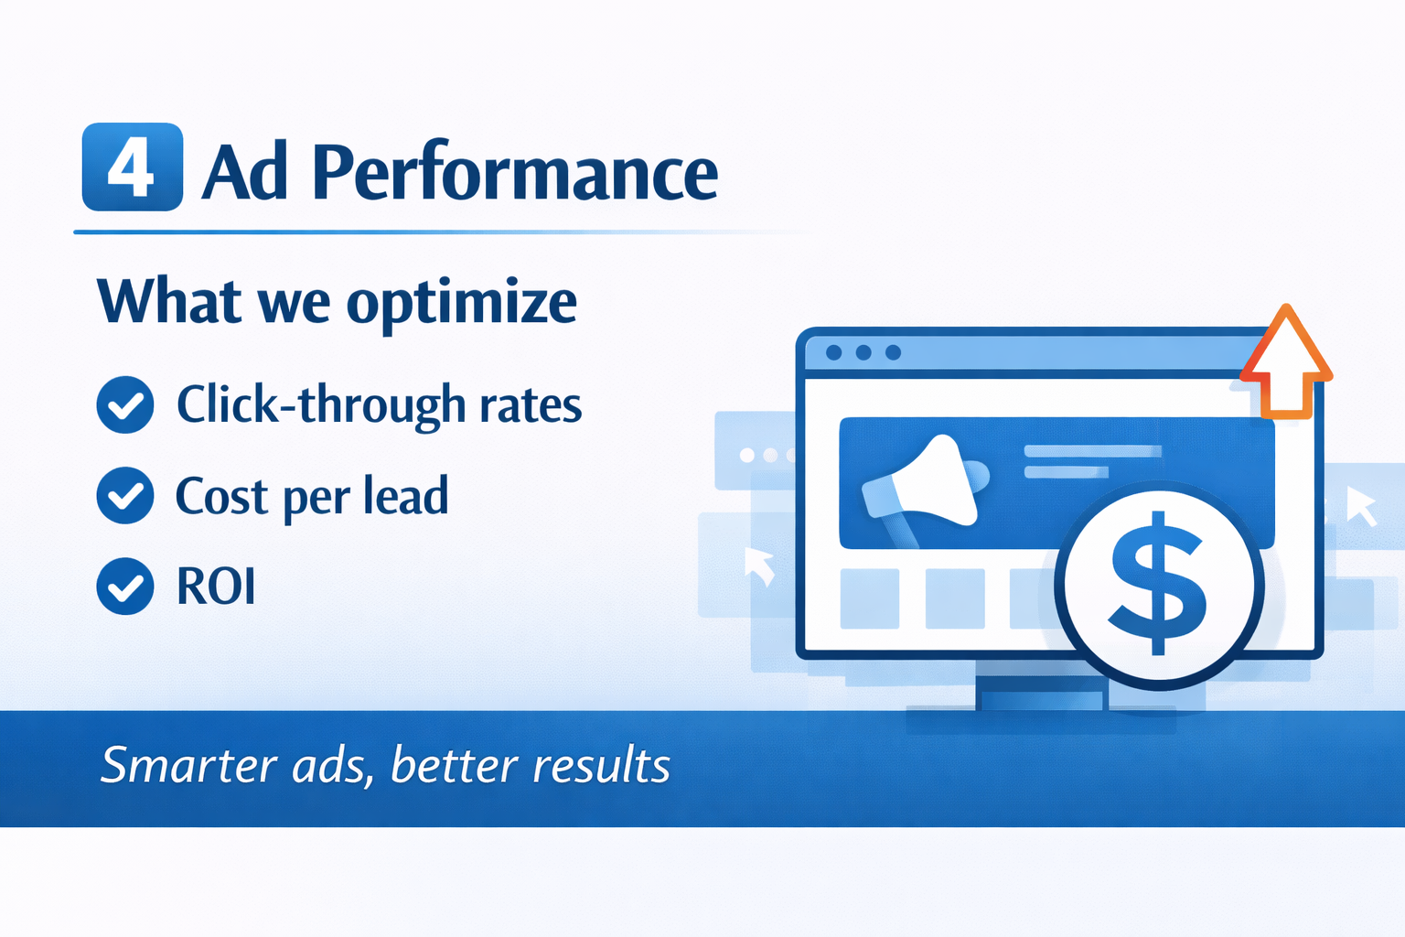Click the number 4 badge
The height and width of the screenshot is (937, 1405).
pos(133,167)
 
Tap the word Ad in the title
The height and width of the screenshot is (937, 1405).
pos(245,171)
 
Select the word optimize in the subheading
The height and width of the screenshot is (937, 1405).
pos(462,303)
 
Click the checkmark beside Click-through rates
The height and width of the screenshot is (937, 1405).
pos(125,404)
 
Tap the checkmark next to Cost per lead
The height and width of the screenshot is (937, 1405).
pos(125,496)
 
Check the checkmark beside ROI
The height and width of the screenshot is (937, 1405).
pos(125,587)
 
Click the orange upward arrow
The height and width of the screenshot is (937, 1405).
pos(1286,361)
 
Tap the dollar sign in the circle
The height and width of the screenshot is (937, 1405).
pos(1158,584)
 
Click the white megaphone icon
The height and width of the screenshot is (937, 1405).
pos(925,484)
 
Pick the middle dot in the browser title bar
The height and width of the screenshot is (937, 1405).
pos(863,352)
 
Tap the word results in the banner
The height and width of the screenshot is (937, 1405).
pos(601,765)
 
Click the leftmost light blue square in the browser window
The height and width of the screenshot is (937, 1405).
pos(869,598)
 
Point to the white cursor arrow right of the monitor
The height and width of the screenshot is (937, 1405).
pos(1361,506)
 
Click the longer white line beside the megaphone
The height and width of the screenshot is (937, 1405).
pos(1093,451)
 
